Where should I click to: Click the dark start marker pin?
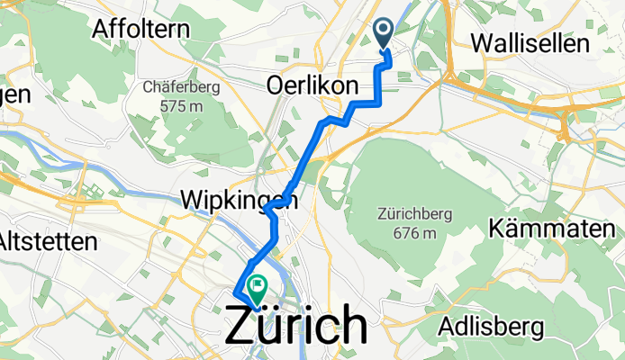pyautogui.click(x=383, y=34)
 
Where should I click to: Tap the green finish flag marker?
pyautogui.click(x=258, y=288)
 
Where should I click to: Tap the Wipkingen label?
pyautogui.click(x=239, y=199)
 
